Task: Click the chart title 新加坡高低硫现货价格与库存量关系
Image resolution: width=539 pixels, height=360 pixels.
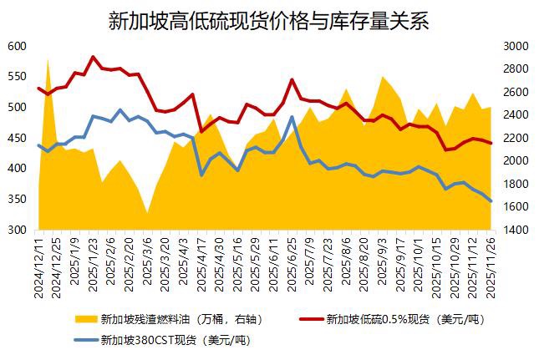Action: [x=268, y=21]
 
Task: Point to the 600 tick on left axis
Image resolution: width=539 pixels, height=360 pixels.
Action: [x=17, y=46]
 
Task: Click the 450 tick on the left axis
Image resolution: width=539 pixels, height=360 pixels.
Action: [x=17, y=138]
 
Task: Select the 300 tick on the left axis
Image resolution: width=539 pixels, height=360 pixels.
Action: [x=17, y=230]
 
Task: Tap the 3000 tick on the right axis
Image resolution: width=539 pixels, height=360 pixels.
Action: [x=515, y=46]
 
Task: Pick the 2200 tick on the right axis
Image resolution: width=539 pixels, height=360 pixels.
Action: [x=515, y=138]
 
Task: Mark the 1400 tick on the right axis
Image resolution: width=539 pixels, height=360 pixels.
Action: [x=515, y=230]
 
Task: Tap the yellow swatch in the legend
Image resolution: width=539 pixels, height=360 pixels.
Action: [x=85, y=319]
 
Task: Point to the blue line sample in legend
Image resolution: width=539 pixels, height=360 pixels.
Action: [x=85, y=340]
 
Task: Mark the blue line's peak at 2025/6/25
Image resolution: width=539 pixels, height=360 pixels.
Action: [x=292, y=117]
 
